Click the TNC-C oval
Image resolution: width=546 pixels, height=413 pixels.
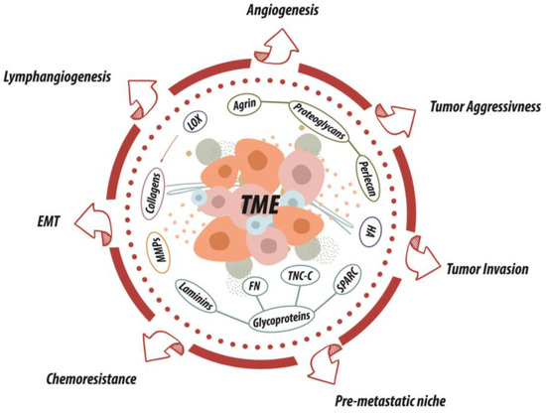click(x=295, y=277)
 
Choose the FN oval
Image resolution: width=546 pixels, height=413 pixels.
click(x=252, y=289)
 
